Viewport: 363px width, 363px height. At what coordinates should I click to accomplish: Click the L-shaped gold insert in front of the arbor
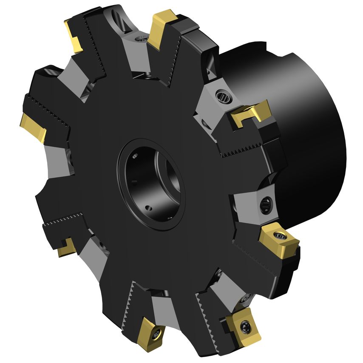coord(251,113)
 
